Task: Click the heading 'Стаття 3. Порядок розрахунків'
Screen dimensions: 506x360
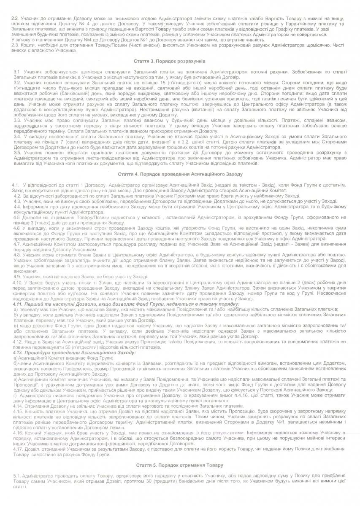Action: click(179, 62)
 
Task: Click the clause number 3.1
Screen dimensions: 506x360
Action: click(17, 73)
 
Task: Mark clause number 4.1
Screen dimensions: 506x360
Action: click(16, 185)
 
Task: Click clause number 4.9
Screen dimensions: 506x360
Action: click(17, 277)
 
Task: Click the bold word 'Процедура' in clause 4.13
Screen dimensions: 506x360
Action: click(38, 353)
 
